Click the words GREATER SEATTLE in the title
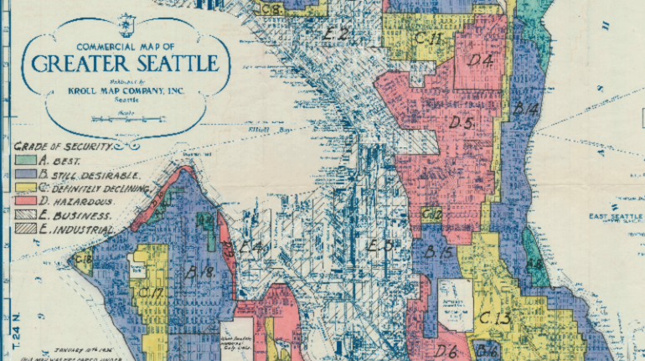click(128, 64)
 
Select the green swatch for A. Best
click(23, 160)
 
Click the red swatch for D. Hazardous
click(23, 201)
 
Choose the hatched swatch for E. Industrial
click(23, 229)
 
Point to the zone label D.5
click(462, 123)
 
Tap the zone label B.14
click(525, 109)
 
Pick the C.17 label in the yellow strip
click(152, 292)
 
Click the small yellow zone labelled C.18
click(83, 260)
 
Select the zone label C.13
click(495, 318)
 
